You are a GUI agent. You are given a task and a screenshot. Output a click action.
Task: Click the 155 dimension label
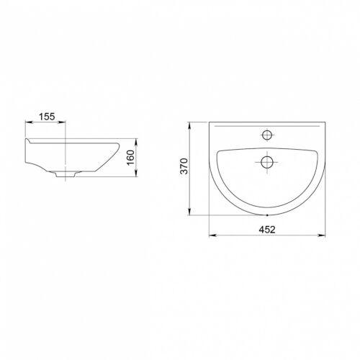click(x=47, y=117)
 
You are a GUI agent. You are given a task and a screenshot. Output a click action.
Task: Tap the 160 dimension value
click(x=131, y=158)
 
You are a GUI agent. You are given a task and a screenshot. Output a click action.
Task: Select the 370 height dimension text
click(x=184, y=166)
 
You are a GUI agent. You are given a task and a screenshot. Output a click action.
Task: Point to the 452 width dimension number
click(x=267, y=230)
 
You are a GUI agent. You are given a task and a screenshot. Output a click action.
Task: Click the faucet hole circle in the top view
click(x=267, y=135)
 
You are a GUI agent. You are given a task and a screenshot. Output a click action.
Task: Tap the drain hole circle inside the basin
click(x=266, y=162)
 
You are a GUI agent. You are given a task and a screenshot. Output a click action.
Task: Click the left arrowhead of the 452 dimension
click(x=212, y=235)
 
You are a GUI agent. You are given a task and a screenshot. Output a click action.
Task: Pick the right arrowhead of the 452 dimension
click(x=322, y=235)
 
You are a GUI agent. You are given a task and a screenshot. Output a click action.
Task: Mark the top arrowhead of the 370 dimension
click(x=189, y=126)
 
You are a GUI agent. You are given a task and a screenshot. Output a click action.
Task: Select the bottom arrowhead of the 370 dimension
click(x=189, y=212)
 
